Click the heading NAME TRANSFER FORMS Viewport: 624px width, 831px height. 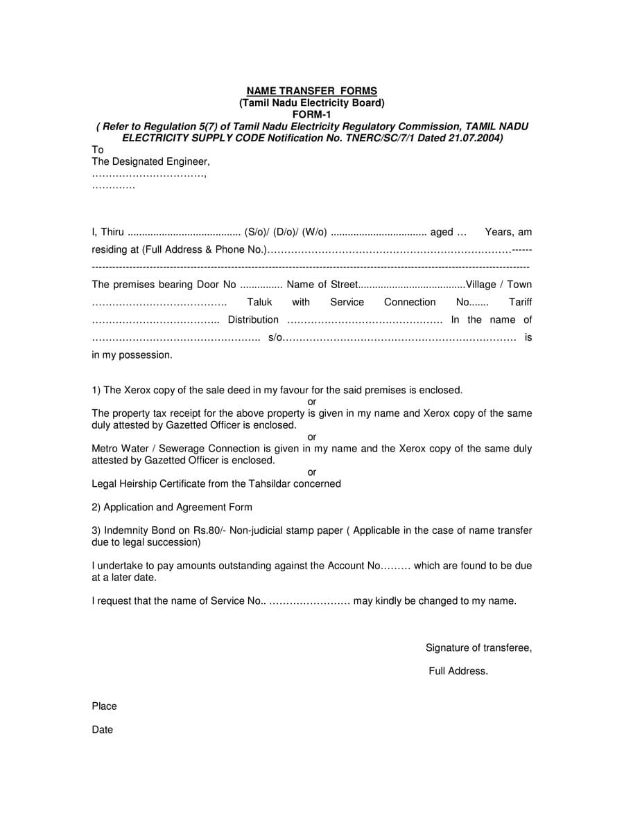[x=312, y=91]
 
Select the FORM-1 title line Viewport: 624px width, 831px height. [x=312, y=114]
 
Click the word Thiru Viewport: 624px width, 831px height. [x=112, y=232]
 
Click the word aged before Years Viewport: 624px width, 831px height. [x=442, y=232]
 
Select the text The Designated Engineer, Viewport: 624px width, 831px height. [x=150, y=161]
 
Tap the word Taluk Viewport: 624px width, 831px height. [x=259, y=302]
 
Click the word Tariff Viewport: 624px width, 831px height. [x=520, y=302]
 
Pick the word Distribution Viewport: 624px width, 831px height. [x=253, y=319]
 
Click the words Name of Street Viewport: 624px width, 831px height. [x=322, y=285]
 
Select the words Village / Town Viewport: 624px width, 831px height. [x=499, y=285]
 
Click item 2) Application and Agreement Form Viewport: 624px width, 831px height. [x=172, y=507]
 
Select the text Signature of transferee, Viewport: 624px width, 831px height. [x=478, y=647]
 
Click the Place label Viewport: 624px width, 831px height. [x=104, y=706]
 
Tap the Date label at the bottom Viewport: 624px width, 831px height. [x=102, y=729]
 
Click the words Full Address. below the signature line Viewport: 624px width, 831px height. [x=458, y=670]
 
